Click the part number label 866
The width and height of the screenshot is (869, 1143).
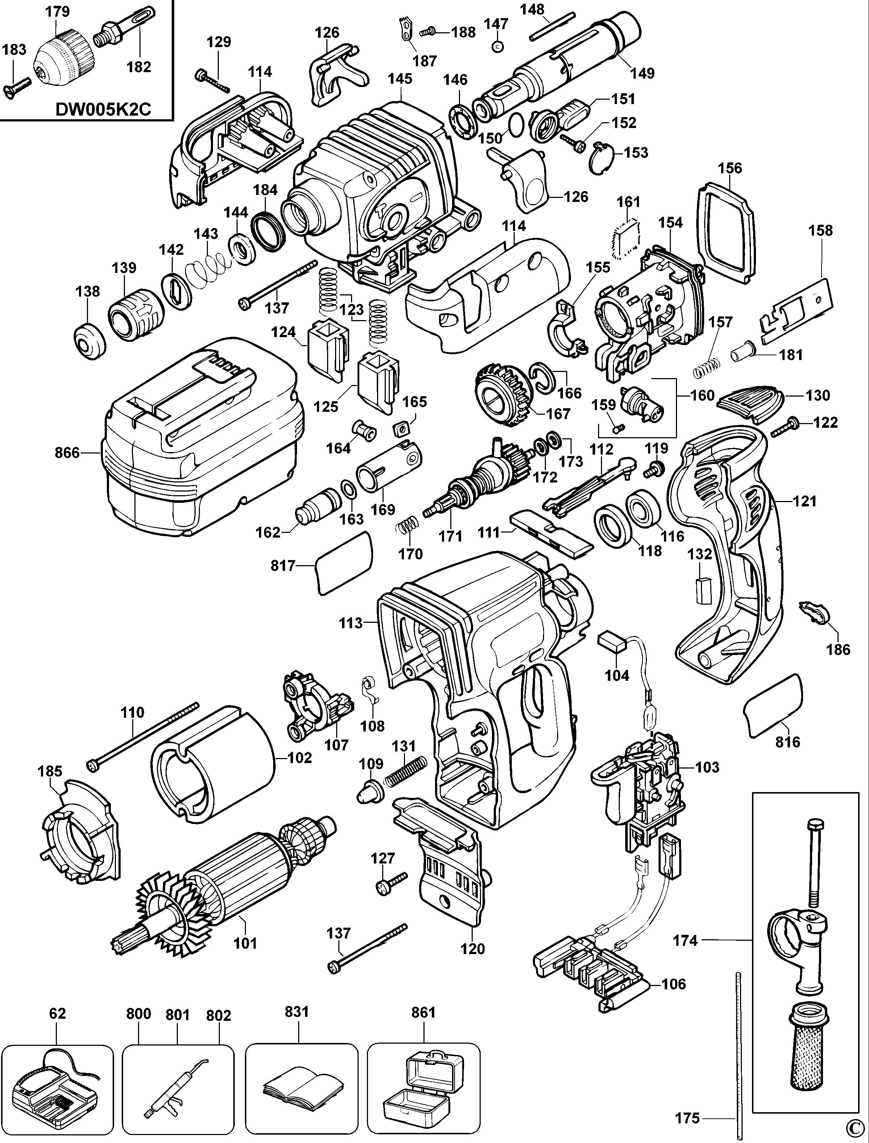coord(67,453)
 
